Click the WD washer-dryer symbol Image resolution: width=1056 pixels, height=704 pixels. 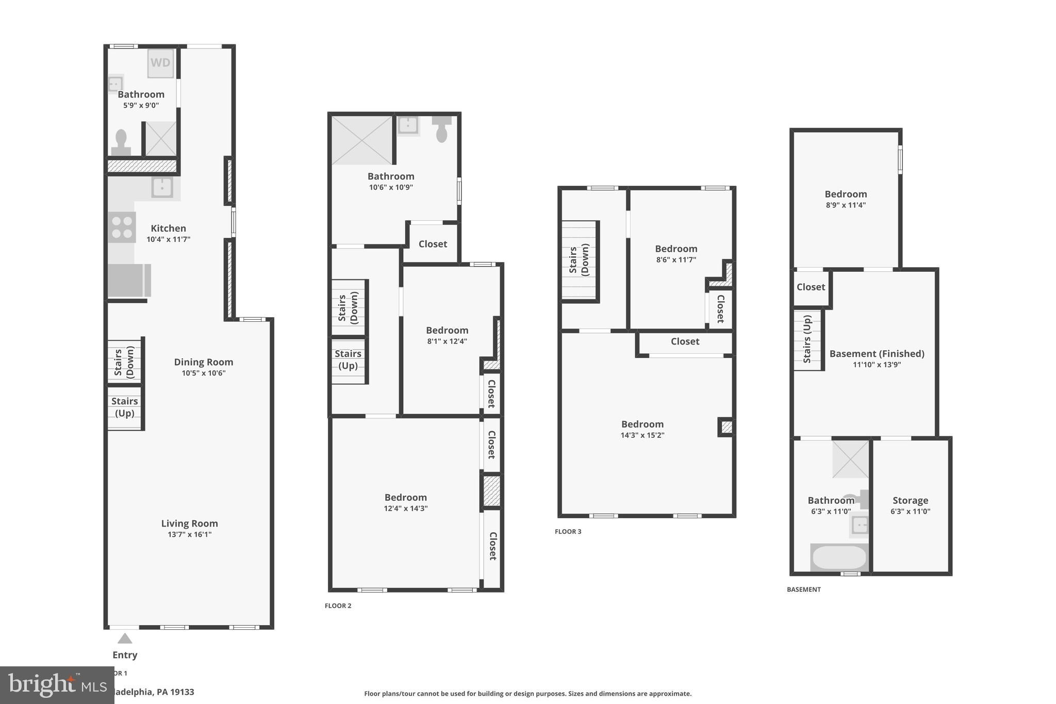160,63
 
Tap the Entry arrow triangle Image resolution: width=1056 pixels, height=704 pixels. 125,638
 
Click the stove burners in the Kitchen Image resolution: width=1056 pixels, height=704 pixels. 122,227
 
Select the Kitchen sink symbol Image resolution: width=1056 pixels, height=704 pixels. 162,187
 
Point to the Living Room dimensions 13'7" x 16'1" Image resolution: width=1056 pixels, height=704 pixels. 189,534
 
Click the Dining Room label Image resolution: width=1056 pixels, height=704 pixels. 203,362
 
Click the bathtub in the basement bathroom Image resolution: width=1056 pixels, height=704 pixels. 839,557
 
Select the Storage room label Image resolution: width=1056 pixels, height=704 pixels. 910,500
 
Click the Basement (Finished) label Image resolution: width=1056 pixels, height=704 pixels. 877,354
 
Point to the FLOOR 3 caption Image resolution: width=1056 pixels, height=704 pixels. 568,532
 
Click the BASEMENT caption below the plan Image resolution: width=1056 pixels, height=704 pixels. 803,590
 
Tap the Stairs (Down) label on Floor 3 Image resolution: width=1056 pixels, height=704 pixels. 579,260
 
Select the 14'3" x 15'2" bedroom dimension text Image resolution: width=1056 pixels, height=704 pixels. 642,435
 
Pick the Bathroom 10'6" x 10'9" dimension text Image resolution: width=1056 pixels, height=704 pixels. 391,188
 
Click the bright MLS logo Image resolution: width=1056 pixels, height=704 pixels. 57,685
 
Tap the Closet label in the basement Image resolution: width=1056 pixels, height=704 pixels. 811,287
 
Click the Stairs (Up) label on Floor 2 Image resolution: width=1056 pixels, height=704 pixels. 348,359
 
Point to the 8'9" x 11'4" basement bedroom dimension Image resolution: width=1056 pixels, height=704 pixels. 846,205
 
